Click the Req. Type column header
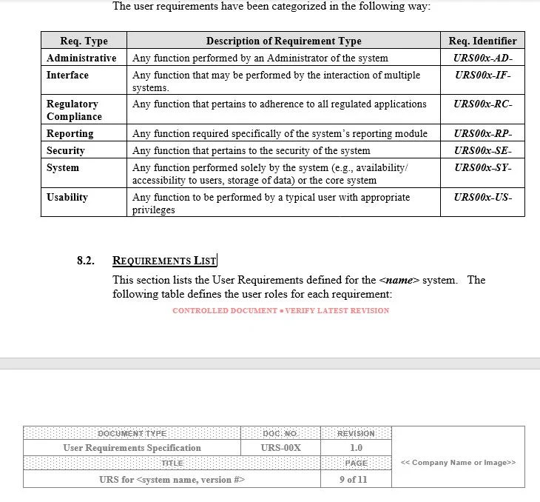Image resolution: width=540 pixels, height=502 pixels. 84,41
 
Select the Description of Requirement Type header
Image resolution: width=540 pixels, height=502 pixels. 283,41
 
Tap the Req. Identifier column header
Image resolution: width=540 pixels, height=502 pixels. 482,41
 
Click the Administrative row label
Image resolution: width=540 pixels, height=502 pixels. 81,58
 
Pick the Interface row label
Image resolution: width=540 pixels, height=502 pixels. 67,75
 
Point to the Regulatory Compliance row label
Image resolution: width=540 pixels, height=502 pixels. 74,110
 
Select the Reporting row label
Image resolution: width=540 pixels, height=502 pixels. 70,134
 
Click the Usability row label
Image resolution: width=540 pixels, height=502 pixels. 67,198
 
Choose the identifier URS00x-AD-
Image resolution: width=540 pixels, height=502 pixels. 483,58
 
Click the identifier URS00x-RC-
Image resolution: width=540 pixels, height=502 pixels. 483,104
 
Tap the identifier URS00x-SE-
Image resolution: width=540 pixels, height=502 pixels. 483,151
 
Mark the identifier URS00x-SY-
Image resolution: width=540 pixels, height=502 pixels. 483,168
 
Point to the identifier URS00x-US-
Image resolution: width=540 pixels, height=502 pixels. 483,198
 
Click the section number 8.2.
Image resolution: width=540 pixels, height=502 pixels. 86,261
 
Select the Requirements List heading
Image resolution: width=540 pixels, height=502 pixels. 164,261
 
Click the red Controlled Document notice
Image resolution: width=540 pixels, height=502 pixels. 280,310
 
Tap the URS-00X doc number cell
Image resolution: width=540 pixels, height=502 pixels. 280,448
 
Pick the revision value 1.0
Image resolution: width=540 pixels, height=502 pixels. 356,448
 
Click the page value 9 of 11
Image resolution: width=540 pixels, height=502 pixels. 356,479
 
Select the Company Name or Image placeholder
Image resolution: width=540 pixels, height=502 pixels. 458,463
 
